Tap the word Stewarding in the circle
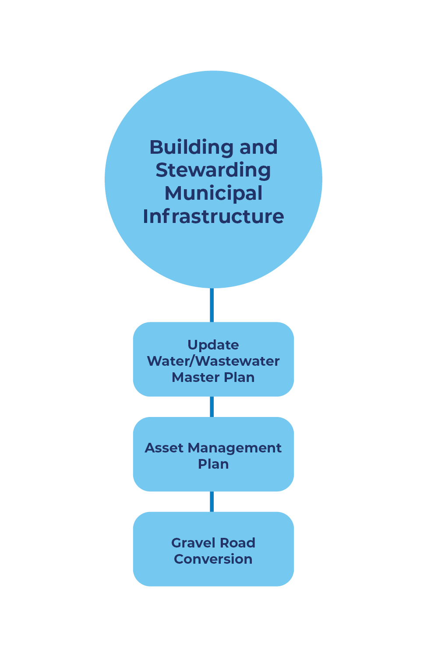pos(213,171)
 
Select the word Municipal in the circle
pos(213,194)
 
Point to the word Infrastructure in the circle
pos(213,216)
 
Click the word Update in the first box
pos(213,345)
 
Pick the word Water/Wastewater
pos(213,361)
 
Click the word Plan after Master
pos(239,378)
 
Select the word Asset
pos(164,448)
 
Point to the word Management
pos(234,449)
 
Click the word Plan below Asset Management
pos(213,464)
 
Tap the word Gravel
pos(191,543)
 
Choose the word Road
pos(237,543)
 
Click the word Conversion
pos(213,559)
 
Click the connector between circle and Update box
pos(212,305)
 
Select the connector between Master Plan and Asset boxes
pos(212,407)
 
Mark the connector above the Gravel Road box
pos(212,502)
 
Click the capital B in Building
pos(156,148)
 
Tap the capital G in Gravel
pos(176,543)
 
